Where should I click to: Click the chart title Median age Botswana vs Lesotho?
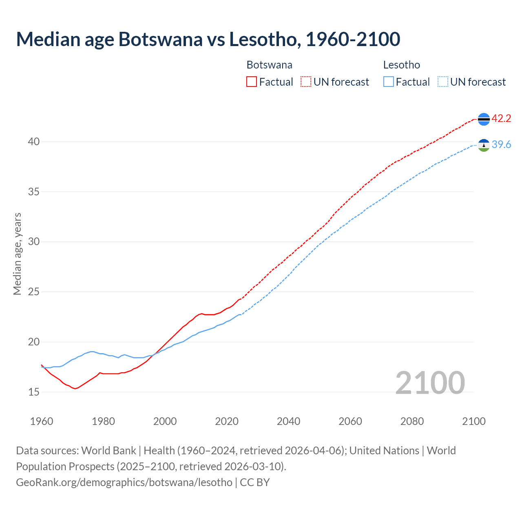tap(208, 39)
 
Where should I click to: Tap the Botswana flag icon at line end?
tap(484, 119)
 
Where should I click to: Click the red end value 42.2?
tap(501, 119)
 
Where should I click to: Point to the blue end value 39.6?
tap(501, 145)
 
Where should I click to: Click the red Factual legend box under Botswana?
tap(252, 82)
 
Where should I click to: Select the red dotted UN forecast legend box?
tap(306, 82)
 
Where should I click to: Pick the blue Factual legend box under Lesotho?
tap(389, 82)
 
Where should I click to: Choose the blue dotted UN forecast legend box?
tap(442, 82)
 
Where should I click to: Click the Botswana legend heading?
tap(269, 65)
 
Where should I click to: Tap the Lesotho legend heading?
tap(401, 65)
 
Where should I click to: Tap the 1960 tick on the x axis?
tap(42, 421)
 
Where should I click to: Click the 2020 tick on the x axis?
tap(227, 421)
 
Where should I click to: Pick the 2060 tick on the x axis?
tap(350, 421)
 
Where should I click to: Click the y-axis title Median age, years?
tap(17, 254)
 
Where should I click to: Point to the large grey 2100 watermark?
tap(430, 383)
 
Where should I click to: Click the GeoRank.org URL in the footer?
tap(124, 482)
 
